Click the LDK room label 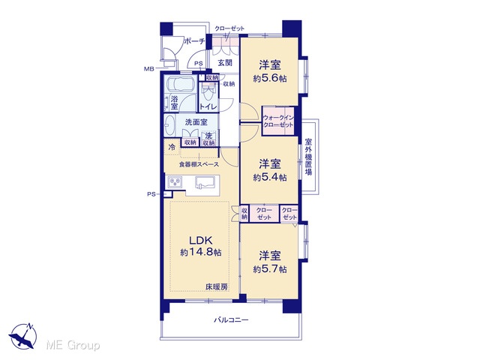tap(200, 240)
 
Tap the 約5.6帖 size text tap(270, 78)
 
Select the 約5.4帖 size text tap(270, 177)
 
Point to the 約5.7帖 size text tap(270, 269)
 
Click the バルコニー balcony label tap(231, 320)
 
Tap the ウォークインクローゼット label tap(278, 121)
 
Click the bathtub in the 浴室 tap(181, 84)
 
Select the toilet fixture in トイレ tap(209, 91)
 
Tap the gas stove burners tap(175, 182)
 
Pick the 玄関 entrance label tap(225, 63)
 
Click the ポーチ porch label tap(194, 41)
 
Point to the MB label tap(148, 69)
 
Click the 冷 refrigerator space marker tap(172, 147)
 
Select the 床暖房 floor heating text tap(217, 287)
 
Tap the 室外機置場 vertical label tap(308, 157)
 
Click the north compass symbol tap(23, 337)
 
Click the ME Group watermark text tap(73, 345)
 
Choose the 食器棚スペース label tap(199, 164)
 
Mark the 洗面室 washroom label tap(196, 122)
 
